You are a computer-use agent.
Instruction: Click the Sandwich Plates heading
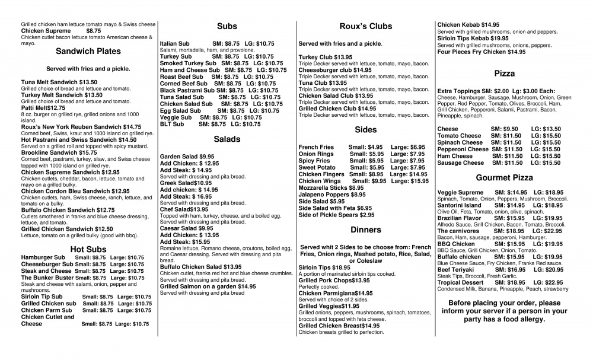[88, 51]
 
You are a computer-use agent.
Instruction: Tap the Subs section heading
[227, 26]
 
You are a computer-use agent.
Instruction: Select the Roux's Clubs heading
[365, 26]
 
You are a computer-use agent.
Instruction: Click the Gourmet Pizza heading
[504, 177]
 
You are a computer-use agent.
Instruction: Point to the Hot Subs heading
[88, 249]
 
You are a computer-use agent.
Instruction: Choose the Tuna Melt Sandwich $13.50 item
[59, 82]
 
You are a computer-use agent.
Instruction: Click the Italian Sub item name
[175, 43]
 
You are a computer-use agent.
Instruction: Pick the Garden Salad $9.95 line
[187, 157]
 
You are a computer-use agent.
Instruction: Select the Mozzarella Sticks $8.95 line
[331, 187]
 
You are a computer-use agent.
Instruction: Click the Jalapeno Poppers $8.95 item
[332, 195]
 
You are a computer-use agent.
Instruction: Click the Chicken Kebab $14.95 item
[468, 24]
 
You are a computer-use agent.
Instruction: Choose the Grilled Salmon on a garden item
[208, 286]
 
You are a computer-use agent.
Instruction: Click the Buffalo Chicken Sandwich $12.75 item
[68, 210]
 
